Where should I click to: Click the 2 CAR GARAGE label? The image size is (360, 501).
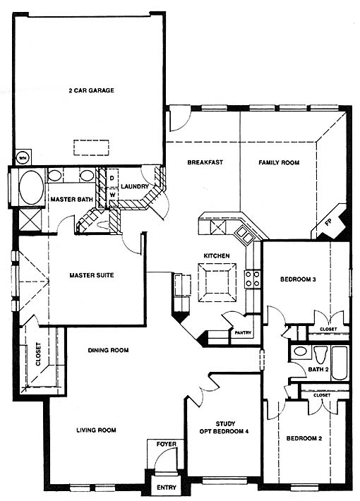(x=92, y=90)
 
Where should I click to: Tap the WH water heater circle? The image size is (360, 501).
(x=22, y=158)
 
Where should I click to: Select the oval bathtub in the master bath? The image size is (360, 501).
(x=31, y=187)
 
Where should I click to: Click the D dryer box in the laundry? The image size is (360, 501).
(x=112, y=178)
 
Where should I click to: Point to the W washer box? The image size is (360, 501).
(x=112, y=194)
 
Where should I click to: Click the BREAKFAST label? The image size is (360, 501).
(x=205, y=162)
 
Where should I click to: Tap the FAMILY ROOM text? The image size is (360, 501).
(x=279, y=162)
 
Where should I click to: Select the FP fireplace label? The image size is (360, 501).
(x=328, y=222)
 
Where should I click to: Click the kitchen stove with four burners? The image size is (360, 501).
(x=252, y=278)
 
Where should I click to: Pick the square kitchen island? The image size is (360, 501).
(x=217, y=282)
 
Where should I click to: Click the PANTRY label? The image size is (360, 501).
(x=243, y=332)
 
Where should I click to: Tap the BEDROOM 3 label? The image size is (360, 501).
(x=299, y=279)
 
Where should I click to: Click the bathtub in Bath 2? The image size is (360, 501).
(x=340, y=363)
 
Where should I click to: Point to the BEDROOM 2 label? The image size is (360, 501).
(x=304, y=438)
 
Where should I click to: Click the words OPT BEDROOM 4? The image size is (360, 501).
(x=224, y=431)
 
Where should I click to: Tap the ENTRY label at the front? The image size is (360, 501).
(x=167, y=488)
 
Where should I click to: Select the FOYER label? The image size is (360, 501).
(x=167, y=444)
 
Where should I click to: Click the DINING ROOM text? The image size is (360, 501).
(x=109, y=350)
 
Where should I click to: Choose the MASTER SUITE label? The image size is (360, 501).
(x=92, y=275)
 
